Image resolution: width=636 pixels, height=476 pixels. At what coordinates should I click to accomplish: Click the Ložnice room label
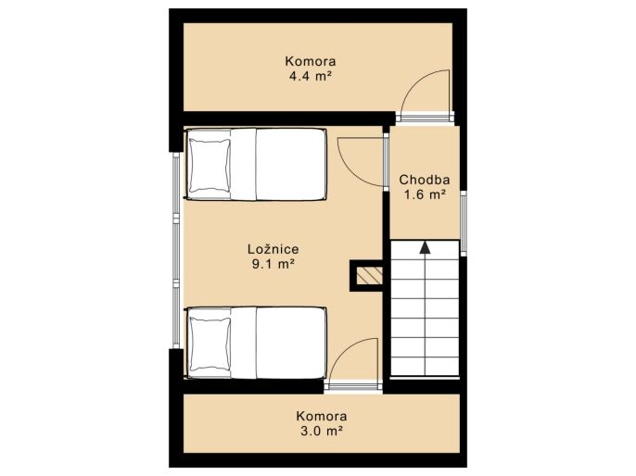tap(273, 249)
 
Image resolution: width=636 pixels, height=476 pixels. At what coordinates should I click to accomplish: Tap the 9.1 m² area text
tap(273, 264)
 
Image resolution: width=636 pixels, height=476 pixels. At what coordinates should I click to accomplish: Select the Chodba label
tap(425, 180)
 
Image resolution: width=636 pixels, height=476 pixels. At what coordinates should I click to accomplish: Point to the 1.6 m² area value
tap(425, 194)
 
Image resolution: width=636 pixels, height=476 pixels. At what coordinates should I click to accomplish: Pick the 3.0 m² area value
tap(322, 431)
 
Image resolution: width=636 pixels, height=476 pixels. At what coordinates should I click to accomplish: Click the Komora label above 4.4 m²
tap(311, 61)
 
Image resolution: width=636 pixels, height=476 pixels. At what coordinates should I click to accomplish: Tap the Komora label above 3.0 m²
tap(322, 416)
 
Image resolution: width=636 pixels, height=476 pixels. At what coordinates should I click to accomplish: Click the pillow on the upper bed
tap(210, 165)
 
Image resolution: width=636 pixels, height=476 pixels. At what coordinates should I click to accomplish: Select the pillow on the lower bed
tap(210, 344)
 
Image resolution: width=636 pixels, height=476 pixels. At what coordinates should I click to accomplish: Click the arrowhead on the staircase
tap(425, 247)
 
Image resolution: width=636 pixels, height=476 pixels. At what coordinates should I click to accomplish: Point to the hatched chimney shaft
tap(370, 276)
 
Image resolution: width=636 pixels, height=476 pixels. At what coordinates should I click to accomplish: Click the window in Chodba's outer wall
tap(464, 223)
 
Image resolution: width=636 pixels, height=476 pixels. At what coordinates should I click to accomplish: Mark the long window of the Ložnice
tap(176, 250)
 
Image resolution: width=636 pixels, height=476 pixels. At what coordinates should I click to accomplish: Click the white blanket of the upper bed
tap(291, 165)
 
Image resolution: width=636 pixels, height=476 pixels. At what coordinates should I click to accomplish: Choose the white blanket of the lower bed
tap(291, 344)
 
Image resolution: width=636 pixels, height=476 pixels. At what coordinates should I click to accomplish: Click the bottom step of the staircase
tap(425, 367)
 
